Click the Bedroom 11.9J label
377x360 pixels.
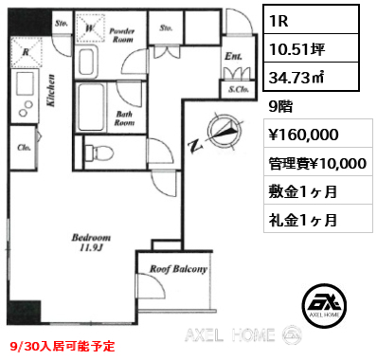click(x=91, y=243)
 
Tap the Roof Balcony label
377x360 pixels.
click(x=178, y=269)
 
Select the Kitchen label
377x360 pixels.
click(x=51, y=90)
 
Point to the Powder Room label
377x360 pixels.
click(x=122, y=35)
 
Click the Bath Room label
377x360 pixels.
click(x=124, y=118)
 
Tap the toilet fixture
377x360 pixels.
click(x=99, y=153)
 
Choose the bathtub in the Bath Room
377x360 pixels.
click(x=91, y=107)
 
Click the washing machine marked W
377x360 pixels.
click(x=90, y=28)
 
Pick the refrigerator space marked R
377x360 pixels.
click(x=27, y=52)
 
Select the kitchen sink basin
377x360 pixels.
click(x=25, y=84)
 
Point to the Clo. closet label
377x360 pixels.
click(x=24, y=148)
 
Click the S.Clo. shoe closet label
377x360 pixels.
click(x=239, y=89)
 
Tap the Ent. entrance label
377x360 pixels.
click(x=233, y=56)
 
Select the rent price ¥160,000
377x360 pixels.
click(x=303, y=135)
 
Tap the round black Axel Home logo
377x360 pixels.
click(x=324, y=305)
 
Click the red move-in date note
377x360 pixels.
click(x=63, y=347)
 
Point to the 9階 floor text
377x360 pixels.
click(x=280, y=106)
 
